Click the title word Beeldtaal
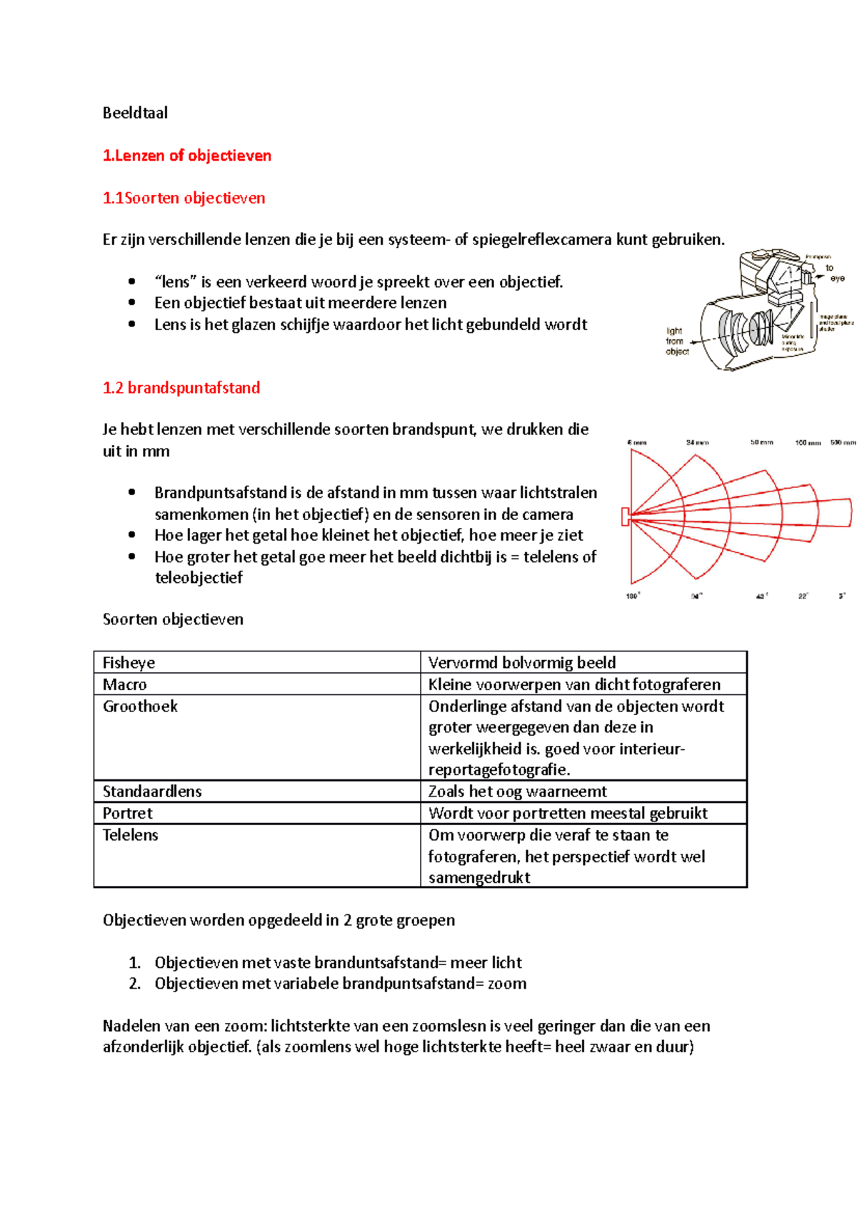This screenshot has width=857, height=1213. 135,113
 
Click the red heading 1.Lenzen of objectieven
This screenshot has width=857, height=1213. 187,156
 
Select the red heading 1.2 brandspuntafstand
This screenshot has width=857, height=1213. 181,388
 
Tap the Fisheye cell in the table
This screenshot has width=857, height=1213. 129,663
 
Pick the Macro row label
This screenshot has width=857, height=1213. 125,684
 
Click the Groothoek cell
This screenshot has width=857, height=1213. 140,707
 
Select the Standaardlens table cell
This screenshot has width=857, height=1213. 152,792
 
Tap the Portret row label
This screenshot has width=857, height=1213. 128,814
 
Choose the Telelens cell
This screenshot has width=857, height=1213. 131,835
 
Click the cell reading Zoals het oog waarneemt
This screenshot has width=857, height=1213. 518,792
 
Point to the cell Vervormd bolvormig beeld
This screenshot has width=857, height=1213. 522,663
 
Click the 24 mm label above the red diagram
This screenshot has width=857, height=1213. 697,443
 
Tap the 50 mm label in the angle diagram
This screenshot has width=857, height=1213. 761,443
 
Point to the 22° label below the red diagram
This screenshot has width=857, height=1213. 803,596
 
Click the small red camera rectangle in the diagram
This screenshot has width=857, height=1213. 626,516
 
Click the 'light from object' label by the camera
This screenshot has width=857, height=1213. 676,341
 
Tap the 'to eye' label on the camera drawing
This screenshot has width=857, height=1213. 833,273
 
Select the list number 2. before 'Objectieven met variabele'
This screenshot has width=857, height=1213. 135,984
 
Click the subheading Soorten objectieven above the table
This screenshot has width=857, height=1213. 173,619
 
